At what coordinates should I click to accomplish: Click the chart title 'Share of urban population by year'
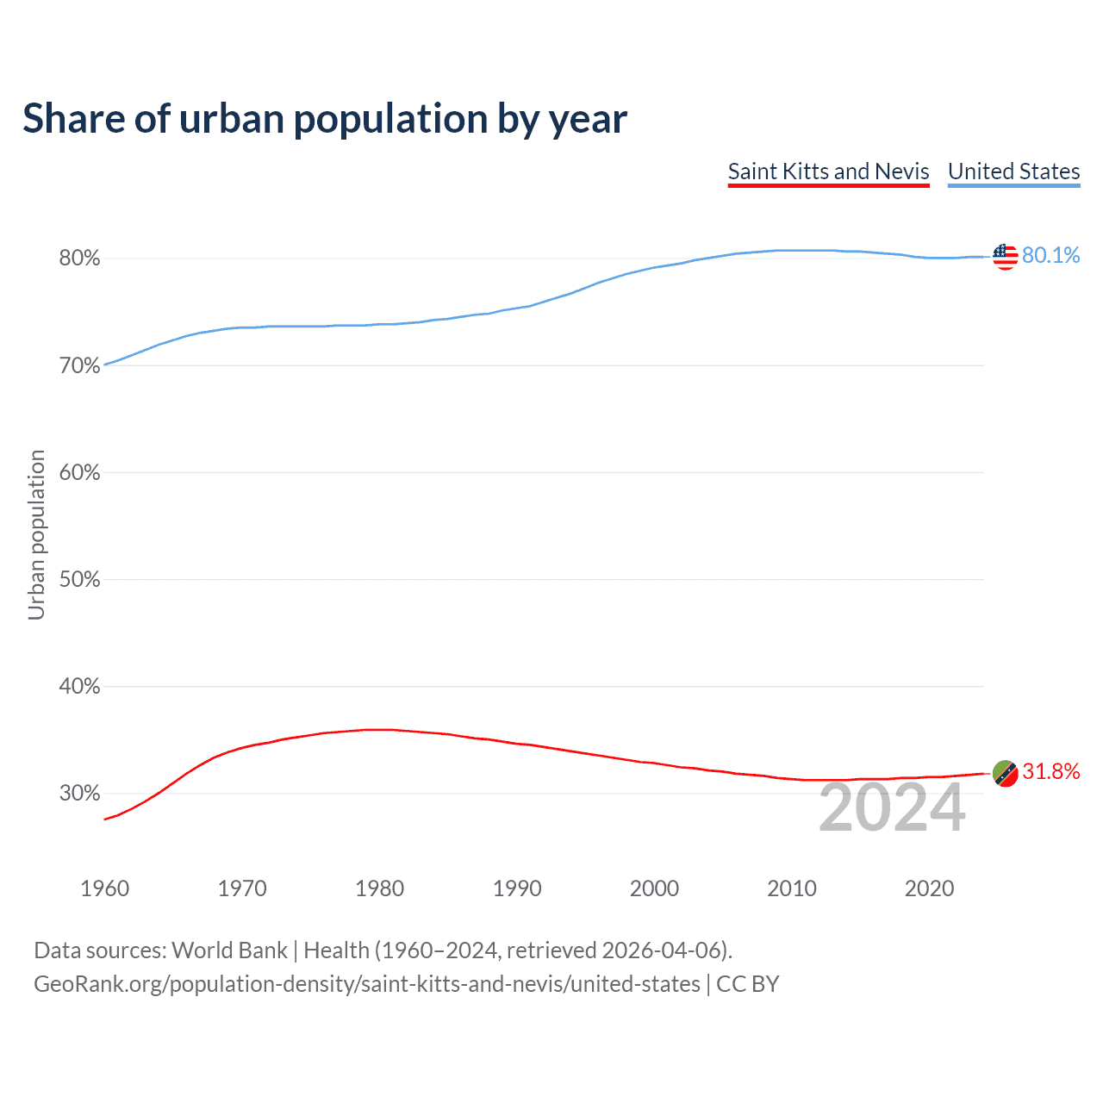[325, 119]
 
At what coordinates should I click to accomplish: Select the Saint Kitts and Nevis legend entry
[828, 171]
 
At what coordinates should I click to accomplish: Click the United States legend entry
[1013, 171]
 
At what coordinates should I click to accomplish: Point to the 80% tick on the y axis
[79, 259]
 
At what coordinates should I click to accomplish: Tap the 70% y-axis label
[79, 366]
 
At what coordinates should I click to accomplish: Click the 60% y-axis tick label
[79, 473]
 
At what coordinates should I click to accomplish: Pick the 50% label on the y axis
[79, 580]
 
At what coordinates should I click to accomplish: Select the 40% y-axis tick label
[79, 687]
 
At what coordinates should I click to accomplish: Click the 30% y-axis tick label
[79, 794]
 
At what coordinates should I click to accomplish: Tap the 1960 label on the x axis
[104, 888]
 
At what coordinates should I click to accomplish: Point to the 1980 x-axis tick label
[379, 888]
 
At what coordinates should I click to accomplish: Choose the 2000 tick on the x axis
[654, 888]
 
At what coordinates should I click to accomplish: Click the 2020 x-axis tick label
[929, 888]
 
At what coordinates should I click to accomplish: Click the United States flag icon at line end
[1005, 256]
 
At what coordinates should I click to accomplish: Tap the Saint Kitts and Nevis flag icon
[1005, 773]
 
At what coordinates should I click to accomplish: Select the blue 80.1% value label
[1050, 256]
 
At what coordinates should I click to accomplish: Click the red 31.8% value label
[1050, 772]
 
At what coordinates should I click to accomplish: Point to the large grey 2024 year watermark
[892, 808]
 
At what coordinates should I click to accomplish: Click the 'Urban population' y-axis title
[36, 534]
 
